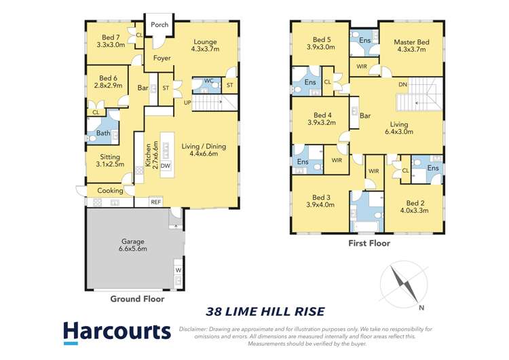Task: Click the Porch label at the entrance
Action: coord(159,24)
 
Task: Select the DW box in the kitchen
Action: coord(165,165)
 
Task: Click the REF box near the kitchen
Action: coord(156,202)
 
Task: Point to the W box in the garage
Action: coord(178,270)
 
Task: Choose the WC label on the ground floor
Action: coord(208,81)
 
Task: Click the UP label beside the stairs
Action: coord(187,103)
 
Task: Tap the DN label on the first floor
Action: coord(402,85)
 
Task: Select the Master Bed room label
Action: coord(411,42)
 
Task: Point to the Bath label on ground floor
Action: coord(103,133)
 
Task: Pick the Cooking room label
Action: coord(110,191)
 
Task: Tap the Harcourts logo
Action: coord(117,331)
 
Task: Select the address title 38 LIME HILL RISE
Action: coord(265,312)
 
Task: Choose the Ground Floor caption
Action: coord(137,299)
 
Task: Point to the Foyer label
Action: coord(162,58)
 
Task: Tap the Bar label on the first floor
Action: coord(365,115)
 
